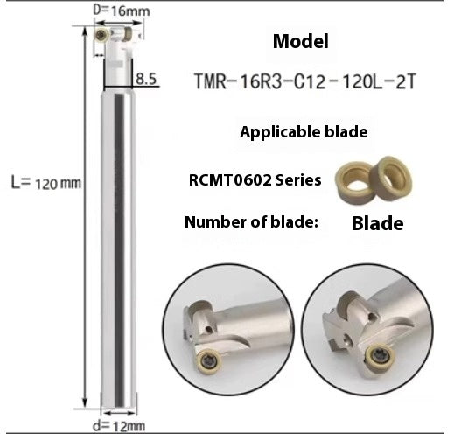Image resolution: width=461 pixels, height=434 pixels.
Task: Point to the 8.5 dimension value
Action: pos(147,80)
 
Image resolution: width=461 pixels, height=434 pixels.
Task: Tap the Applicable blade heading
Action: pos(303,133)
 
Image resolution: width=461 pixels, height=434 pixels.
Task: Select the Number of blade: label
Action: pos(249,221)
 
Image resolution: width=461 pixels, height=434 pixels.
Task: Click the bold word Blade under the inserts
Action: pos(377,223)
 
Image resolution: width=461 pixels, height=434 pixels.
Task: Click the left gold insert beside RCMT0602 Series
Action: pos(353,179)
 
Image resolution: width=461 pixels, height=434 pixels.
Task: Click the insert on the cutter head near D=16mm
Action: pos(103,34)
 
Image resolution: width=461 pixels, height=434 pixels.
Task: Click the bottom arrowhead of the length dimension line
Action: pos(84,403)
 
